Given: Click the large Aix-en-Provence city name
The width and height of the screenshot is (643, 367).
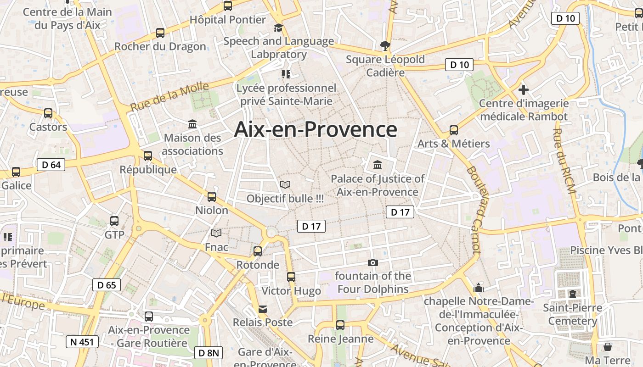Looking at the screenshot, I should (x=316, y=129).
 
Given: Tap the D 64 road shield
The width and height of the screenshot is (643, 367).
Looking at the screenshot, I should (x=51, y=165).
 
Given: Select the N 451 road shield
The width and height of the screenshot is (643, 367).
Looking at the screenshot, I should (x=82, y=342).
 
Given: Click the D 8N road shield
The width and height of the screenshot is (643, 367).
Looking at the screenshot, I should (x=209, y=353).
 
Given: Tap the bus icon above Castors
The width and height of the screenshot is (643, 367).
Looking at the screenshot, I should (x=48, y=113).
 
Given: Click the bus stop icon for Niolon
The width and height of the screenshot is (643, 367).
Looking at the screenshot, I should (x=212, y=197).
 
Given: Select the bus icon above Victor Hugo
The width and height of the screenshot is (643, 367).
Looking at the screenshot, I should (x=291, y=277).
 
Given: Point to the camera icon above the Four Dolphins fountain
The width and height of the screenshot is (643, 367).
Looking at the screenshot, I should (x=373, y=262).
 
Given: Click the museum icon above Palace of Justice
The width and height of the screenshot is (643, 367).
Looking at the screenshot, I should (x=378, y=165).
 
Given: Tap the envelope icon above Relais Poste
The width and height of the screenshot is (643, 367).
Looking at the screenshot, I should (x=263, y=309).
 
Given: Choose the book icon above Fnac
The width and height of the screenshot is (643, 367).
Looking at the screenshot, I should (x=216, y=233).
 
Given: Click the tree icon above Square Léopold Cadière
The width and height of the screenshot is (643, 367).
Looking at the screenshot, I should (x=385, y=45).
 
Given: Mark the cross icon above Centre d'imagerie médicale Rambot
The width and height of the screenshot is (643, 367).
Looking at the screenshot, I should (x=523, y=90).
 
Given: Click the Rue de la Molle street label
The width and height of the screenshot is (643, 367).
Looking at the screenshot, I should (x=169, y=97).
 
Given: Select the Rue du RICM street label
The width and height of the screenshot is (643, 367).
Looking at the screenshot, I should (x=564, y=161).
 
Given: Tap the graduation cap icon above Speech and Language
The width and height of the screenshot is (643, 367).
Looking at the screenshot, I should (x=278, y=28).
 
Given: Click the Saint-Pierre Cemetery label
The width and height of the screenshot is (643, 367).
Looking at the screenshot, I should (x=572, y=314).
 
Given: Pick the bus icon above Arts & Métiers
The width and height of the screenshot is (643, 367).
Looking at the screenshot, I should (x=454, y=130).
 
